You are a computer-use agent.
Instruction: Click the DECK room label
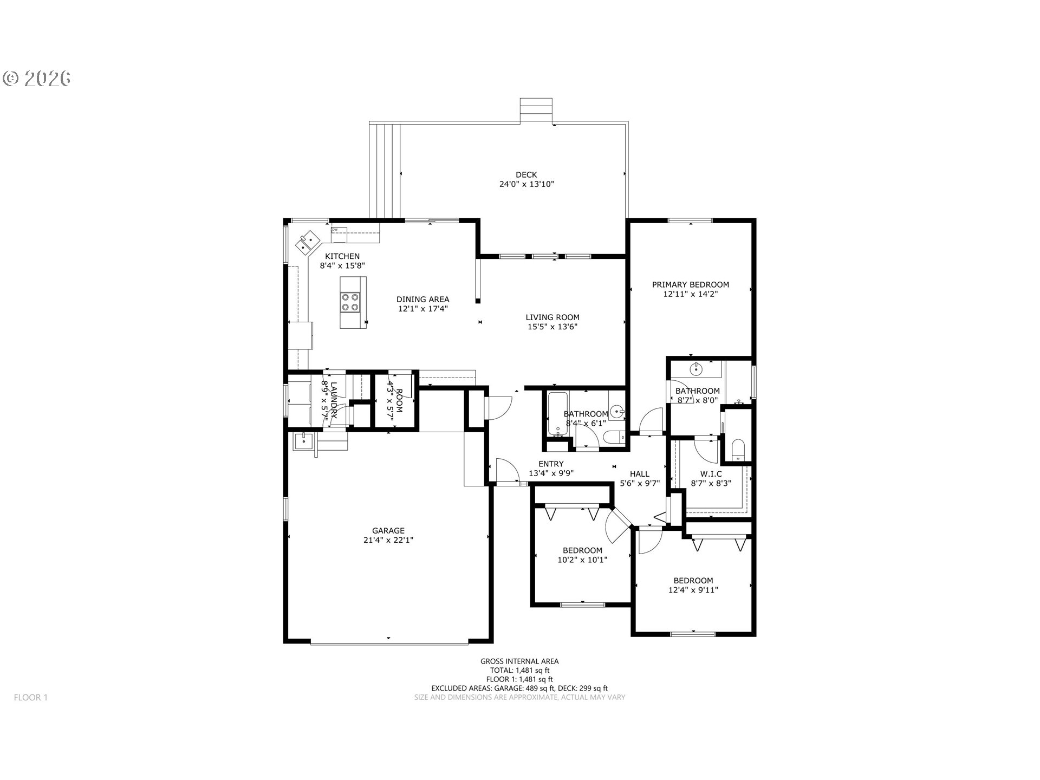pos(526,174)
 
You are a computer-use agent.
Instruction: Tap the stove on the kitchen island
pos(350,302)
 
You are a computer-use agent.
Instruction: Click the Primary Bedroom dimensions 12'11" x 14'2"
pos(690,294)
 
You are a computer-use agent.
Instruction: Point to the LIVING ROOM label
pos(552,317)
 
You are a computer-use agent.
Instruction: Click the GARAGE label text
pos(388,531)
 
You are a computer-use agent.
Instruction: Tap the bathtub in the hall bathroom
pos(556,414)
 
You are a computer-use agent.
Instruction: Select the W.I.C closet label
pos(711,474)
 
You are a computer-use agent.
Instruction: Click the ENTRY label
pos(551,464)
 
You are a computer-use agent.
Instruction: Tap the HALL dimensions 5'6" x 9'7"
pos(639,483)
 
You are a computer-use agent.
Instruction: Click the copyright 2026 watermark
pos(37,79)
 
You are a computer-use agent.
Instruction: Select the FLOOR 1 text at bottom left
pos(31,697)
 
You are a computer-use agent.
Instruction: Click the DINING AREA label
pos(422,299)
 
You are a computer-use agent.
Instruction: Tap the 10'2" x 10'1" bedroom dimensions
pos(582,560)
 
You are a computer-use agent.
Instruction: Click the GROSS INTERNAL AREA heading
pos(519,661)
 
